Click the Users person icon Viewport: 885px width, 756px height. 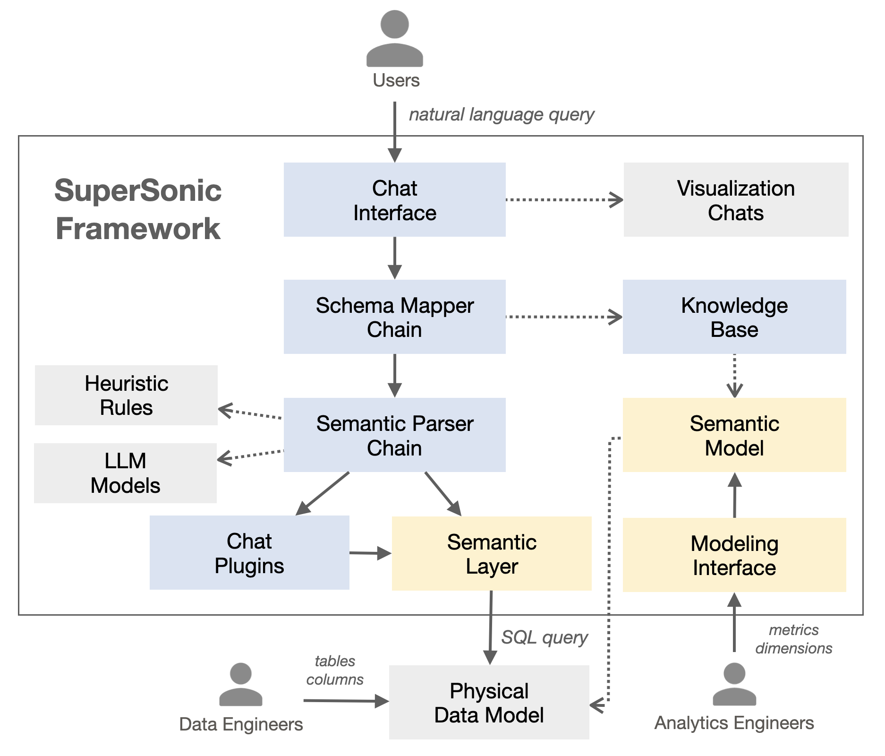tap(394, 39)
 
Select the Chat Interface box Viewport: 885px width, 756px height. tap(394, 200)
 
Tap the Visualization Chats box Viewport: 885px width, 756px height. tap(735, 200)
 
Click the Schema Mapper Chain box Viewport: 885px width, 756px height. tap(394, 317)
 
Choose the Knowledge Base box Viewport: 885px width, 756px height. tap(734, 317)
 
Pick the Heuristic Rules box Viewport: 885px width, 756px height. tap(126, 395)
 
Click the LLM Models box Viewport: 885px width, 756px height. tap(125, 473)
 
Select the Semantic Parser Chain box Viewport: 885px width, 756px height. tap(394, 435)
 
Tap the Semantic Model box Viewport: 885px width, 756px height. tap(734, 435)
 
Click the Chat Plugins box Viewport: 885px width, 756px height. tap(249, 553)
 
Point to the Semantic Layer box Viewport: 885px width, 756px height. tap(492, 554)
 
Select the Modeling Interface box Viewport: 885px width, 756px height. tap(734, 555)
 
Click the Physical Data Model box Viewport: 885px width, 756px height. tap(489, 703)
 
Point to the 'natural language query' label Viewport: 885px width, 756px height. tap(501, 115)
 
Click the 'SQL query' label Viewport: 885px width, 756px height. tap(544, 637)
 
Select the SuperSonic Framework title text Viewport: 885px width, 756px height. tap(138, 209)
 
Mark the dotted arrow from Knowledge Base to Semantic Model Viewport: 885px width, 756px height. tap(734, 376)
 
